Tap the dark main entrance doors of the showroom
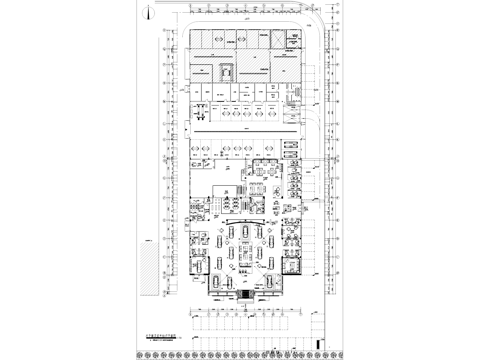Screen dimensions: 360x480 241,298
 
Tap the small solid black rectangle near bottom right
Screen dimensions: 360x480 321,344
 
